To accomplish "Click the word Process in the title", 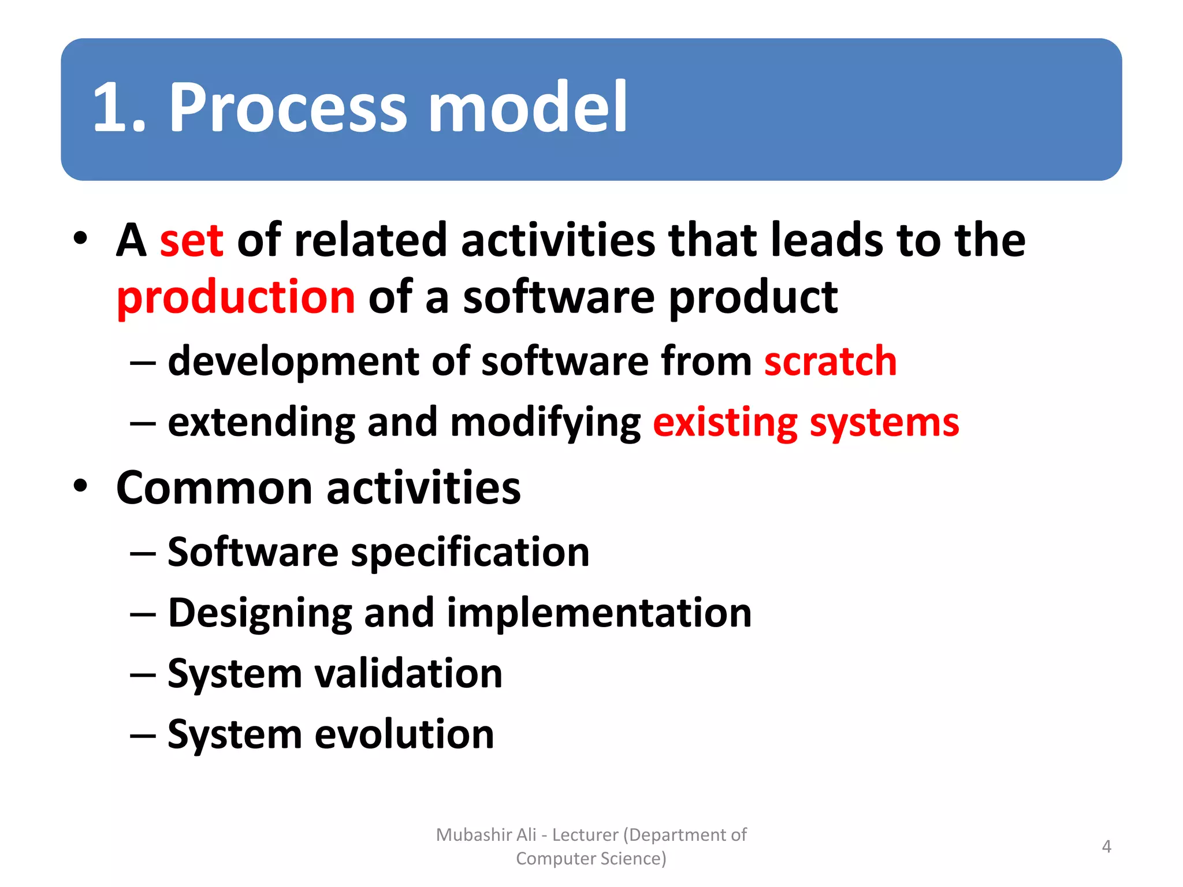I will click(288, 107).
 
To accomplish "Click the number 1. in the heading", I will click(119, 107).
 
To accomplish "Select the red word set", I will click(191, 241).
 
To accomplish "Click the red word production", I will click(236, 298).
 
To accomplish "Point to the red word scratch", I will click(830, 361).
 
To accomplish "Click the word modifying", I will click(545, 423).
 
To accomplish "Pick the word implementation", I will click(599, 613).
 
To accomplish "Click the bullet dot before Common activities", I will click(80, 486).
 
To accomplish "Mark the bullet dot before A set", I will click(80, 238).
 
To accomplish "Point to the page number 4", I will click(1106, 847).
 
